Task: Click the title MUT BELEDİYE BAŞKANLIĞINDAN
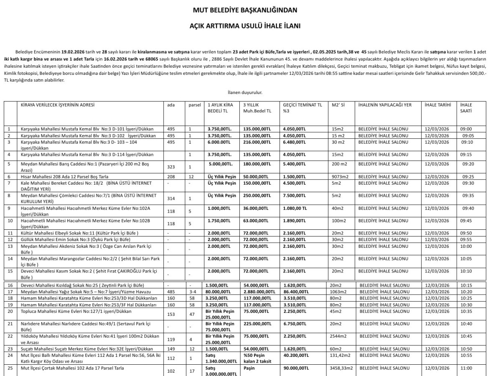[x=245, y=10]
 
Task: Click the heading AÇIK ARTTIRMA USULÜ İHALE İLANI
[x=245, y=26]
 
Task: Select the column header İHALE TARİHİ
[x=437, y=105]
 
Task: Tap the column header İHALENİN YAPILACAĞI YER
[x=384, y=105]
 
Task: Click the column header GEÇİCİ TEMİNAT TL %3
[x=302, y=108]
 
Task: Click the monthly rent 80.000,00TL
[x=218, y=291]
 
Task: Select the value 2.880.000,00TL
[x=259, y=291]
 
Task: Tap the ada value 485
[x=170, y=291]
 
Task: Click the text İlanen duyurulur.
[x=245, y=92]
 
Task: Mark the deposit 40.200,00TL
[x=296, y=355]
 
